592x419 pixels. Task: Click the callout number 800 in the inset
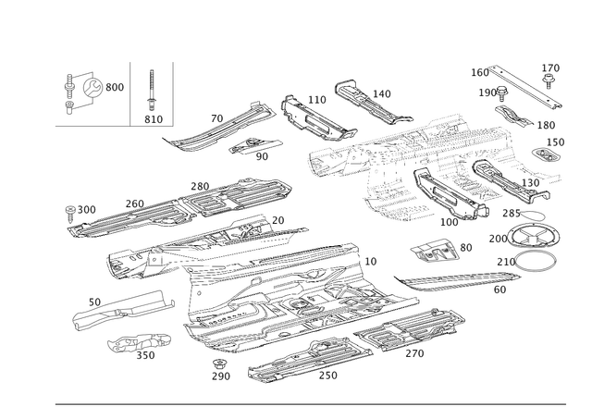[x=115, y=86]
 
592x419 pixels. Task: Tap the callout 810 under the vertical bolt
[x=154, y=117]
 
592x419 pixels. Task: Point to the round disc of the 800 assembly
[x=92, y=87]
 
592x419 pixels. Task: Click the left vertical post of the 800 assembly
[x=68, y=91]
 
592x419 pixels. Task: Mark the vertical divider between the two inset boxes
[x=130, y=92]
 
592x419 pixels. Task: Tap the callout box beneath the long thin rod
[x=500, y=290]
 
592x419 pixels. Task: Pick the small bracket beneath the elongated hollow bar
[x=129, y=345]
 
